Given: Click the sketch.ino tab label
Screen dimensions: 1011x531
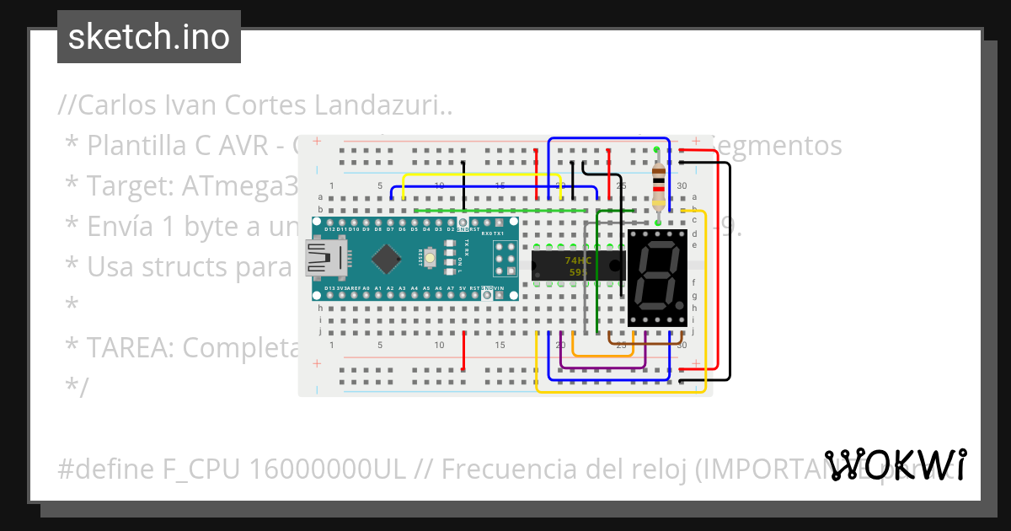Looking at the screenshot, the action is (x=148, y=37).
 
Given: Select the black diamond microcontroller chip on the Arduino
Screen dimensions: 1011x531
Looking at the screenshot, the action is (x=386, y=258).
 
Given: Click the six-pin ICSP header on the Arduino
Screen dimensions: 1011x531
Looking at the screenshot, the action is (x=505, y=259).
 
